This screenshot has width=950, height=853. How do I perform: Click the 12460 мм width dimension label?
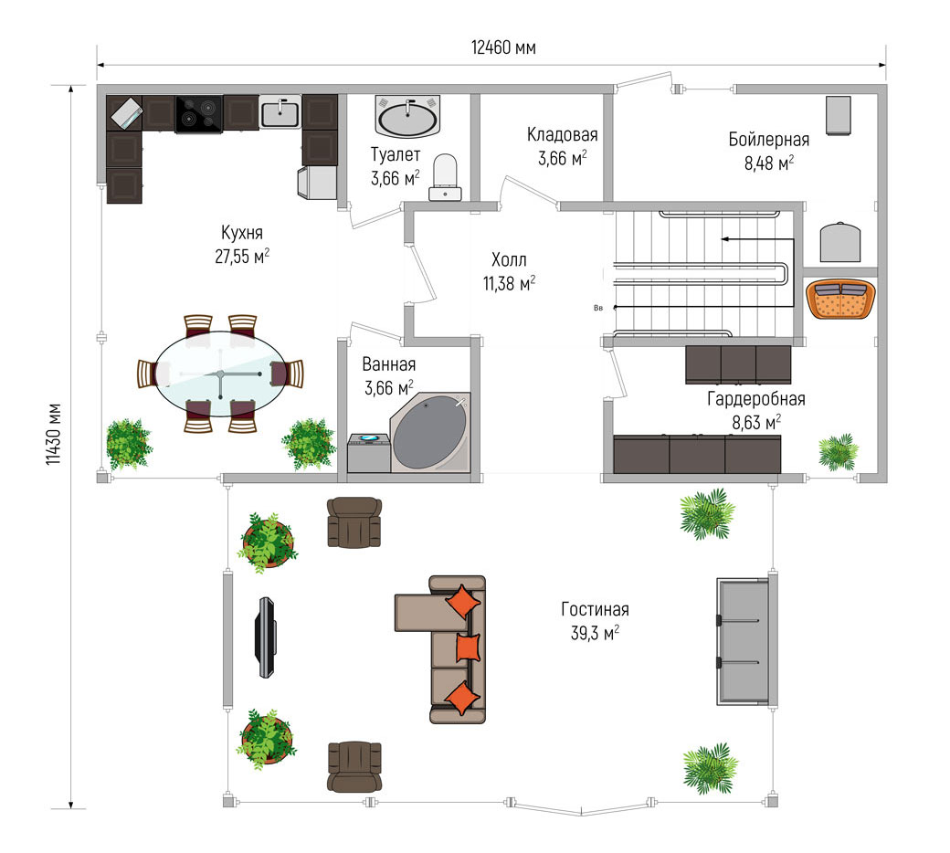(503, 47)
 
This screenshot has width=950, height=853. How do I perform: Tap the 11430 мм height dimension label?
(54, 434)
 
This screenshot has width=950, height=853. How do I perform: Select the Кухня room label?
(242, 233)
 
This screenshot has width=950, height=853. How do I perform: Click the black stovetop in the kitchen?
(199, 114)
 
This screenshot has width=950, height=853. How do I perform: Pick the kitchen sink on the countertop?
(280, 112)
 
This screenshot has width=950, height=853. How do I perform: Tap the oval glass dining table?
(220, 374)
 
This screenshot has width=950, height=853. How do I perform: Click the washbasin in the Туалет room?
(407, 116)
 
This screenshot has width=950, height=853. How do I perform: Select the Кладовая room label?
(563, 134)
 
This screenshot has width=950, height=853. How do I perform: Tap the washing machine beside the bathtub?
(368, 453)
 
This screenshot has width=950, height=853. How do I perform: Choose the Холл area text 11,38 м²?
(509, 283)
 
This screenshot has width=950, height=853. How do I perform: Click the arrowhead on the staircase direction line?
(724, 239)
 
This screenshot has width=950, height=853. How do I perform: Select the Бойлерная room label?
(769, 140)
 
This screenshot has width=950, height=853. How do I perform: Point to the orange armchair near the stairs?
(841, 299)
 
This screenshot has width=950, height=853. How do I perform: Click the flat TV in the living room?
(266, 637)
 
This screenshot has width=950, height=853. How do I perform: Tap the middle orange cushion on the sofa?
(467, 648)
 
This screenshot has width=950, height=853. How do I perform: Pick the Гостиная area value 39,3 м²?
(595, 633)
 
